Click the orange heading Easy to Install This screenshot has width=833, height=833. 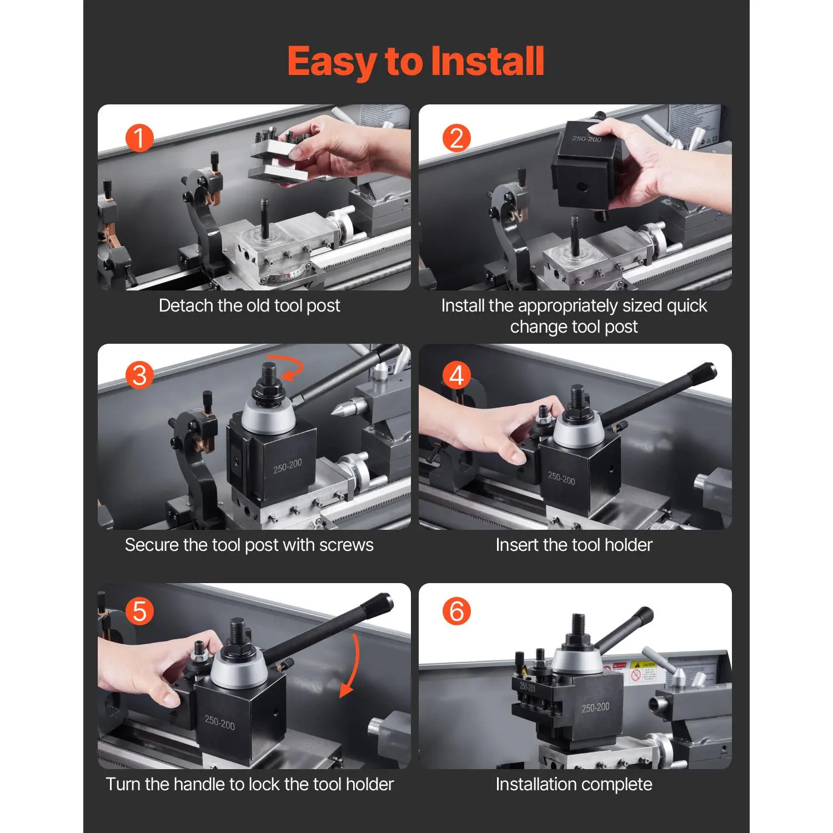415,61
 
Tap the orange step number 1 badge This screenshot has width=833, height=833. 139,138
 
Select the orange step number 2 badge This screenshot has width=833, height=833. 456,138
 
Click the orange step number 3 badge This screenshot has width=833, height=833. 139,375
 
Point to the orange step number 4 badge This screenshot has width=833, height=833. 456,375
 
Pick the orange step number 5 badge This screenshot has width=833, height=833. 139,611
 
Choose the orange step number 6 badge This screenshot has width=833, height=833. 456,611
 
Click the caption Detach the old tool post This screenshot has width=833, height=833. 249,305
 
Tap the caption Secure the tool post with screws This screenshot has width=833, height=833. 249,545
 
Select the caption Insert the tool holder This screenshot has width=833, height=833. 574,545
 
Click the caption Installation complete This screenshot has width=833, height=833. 574,784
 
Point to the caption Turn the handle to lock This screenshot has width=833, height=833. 249,784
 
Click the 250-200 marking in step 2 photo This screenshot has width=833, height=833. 586,139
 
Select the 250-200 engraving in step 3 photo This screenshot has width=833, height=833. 287,466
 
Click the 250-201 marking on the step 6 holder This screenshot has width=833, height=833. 528,687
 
